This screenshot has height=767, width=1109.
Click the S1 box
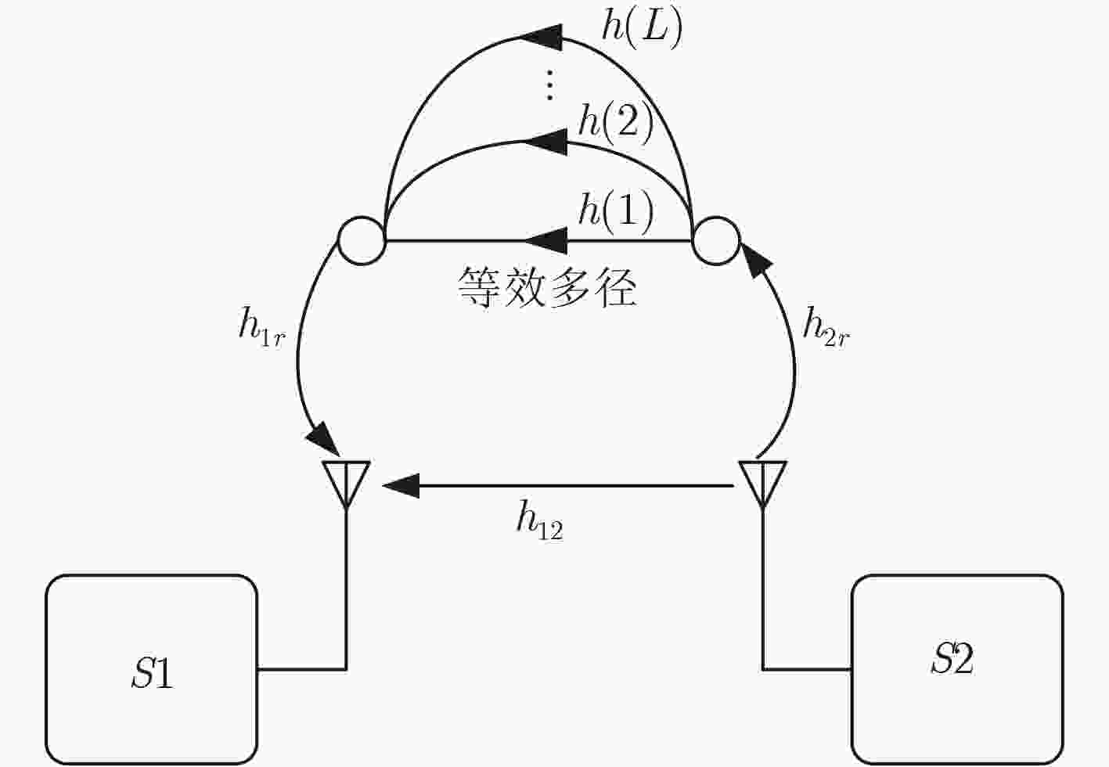coord(152,669)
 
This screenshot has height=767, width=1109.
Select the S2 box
coord(957,669)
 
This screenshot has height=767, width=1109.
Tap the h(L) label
coord(642,29)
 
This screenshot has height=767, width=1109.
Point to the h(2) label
coord(615,124)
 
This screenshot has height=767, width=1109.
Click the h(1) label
coord(615,214)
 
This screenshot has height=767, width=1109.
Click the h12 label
coord(540,520)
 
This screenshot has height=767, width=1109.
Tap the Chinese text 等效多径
coord(546,287)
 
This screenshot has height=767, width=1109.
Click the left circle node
coord(362,241)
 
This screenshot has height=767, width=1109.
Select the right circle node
coord(716,241)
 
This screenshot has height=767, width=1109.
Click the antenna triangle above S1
coord(346,484)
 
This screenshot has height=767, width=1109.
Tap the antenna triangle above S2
coord(762,484)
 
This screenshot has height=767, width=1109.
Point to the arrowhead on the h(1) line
coord(545,241)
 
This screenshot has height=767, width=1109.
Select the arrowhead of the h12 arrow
coord(401,486)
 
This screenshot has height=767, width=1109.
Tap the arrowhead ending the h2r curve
coord(755,260)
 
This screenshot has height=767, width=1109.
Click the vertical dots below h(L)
coord(549,85)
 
